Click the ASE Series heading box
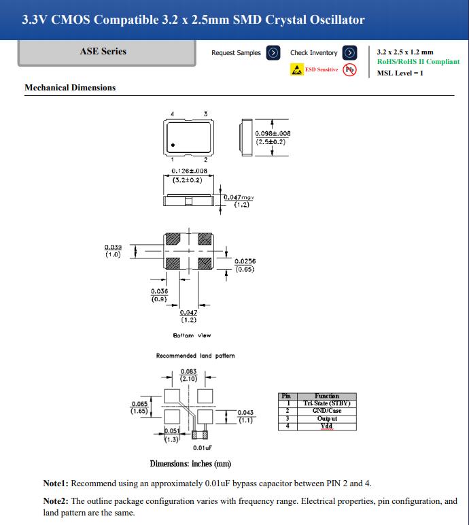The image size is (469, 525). click(103, 51)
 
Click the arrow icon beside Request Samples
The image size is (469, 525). click(273, 52)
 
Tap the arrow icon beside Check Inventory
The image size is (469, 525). click(349, 52)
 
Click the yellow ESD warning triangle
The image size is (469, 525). click(296, 69)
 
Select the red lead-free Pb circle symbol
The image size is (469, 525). click(349, 69)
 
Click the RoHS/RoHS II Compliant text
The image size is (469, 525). click(418, 62)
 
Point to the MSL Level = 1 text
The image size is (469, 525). click(400, 73)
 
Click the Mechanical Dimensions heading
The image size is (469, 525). click(70, 88)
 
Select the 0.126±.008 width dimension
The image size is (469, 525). click(189, 171)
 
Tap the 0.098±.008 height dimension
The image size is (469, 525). click(273, 134)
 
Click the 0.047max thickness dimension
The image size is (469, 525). click(239, 197)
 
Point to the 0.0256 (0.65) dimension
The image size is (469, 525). click(245, 262)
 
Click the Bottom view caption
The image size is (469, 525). click(192, 336)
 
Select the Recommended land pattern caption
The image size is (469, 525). click(195, 356)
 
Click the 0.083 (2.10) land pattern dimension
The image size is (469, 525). click(188, 372)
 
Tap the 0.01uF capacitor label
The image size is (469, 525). click(202, 448)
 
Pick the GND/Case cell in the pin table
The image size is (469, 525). click(327, 411)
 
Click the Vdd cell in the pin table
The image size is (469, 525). click(327, 426)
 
